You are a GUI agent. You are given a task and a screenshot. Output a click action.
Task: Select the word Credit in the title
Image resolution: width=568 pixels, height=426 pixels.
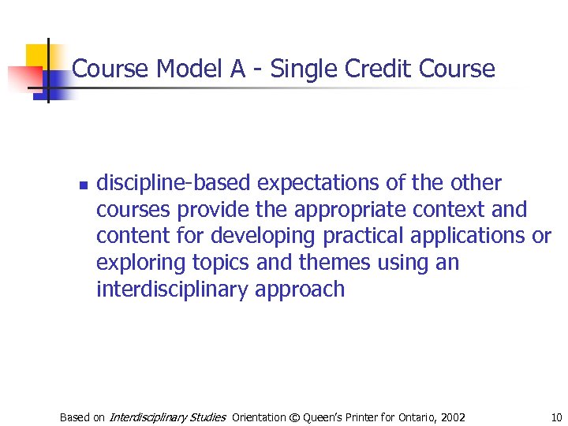(375, 69)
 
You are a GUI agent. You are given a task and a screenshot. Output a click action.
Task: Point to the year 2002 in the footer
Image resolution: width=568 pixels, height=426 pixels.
(452, 417)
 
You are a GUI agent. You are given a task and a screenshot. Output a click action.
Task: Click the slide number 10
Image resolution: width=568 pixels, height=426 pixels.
(556, 417)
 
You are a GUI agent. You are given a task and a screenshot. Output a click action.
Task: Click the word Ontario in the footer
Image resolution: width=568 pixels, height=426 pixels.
(413, 417)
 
